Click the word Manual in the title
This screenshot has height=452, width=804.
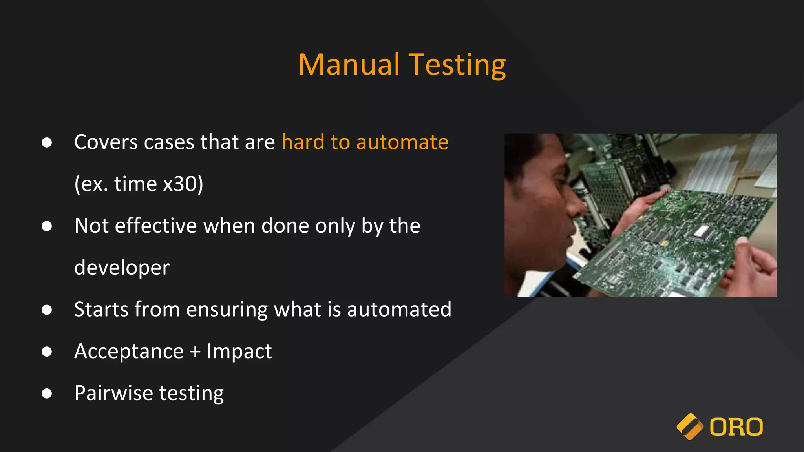[349, 65]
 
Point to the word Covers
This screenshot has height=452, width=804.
[106, 142]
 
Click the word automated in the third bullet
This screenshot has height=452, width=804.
[399, 310]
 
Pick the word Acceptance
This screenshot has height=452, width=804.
[129, 351]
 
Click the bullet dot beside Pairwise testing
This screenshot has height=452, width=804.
[47, 393]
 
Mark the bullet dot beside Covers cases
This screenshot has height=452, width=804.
[47, 142]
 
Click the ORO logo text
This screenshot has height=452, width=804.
[736, 427]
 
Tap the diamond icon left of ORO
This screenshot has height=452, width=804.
[690, 426]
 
